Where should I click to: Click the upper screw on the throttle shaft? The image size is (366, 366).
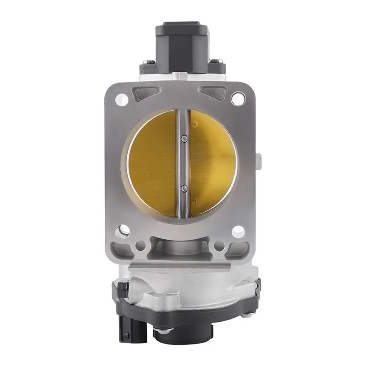click(x=183, y=137)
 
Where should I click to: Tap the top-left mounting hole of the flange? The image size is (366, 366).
click(x=122, y=98)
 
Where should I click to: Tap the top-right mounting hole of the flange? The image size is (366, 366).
click(x=237, y=98)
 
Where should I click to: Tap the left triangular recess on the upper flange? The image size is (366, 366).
click(x=139, y=95)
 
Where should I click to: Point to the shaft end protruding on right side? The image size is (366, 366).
click(x=259, y=161)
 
